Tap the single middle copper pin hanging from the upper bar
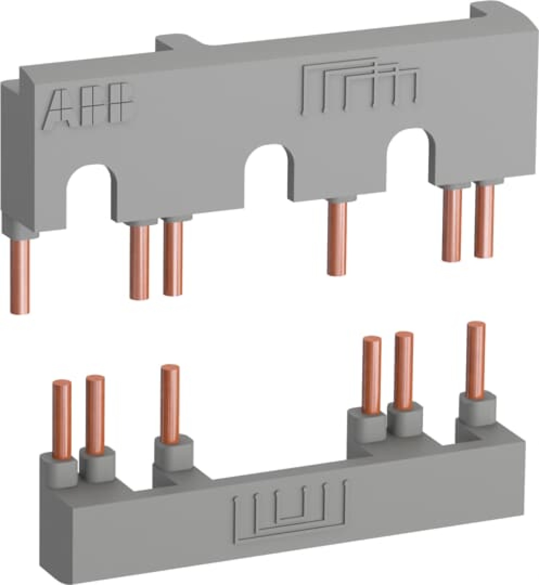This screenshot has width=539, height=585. tap(337, 238)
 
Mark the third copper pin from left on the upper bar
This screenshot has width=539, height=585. tap(173, 258)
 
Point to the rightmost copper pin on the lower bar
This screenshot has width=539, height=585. tap(476, 359)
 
